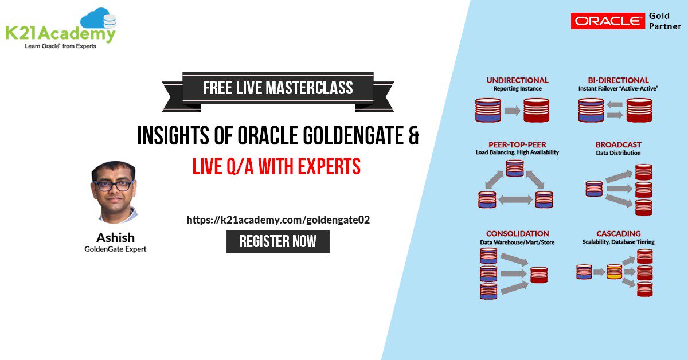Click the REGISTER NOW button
[x=277, y=241]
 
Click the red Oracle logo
[x=607, y=21]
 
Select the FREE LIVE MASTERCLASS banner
[x=277, y=88]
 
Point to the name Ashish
[x=115, y=237]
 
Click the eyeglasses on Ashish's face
[x=114, y=185]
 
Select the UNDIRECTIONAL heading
[x=517, y=80]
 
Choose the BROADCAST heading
[x=618, y=144]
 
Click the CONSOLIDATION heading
[x=517, y=233]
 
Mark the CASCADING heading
[x=618, y=233]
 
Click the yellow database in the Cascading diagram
[x=614, y=271]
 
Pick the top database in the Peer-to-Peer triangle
[x=514, y=168]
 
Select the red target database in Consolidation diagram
[x=539, y=275]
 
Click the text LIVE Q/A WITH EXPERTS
[x=276, y=166]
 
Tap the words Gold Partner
[x=664, y=21]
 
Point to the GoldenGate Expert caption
[x=115, y=249]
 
